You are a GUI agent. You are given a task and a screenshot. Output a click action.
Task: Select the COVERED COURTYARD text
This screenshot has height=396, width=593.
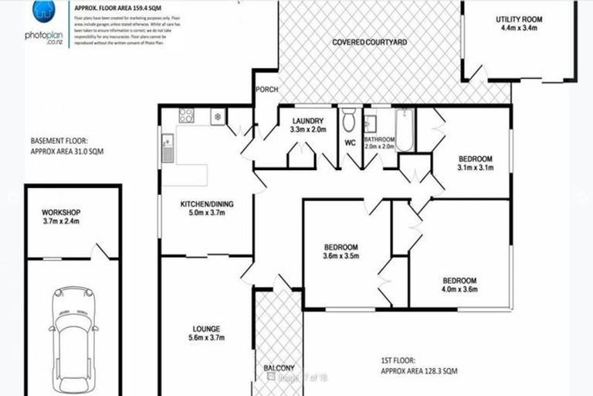pos(369,43)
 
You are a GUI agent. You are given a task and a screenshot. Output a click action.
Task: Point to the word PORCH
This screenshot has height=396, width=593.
pos(267,89)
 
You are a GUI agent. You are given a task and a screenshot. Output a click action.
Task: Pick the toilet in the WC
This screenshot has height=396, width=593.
pos(349,119)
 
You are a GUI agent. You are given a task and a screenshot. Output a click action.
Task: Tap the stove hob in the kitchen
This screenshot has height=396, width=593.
pos(186,116)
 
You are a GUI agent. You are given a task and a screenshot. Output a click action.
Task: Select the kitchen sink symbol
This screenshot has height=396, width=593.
pos(168,148)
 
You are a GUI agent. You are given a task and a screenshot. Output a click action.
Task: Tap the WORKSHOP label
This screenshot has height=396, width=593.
pos(61,213)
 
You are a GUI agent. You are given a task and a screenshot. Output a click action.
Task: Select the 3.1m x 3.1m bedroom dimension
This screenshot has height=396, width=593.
pos(474,167)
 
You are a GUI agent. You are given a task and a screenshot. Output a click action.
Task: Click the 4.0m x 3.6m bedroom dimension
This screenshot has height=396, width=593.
pos(459,290)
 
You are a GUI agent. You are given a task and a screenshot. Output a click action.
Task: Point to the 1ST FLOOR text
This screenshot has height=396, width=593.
pos(398,360)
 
